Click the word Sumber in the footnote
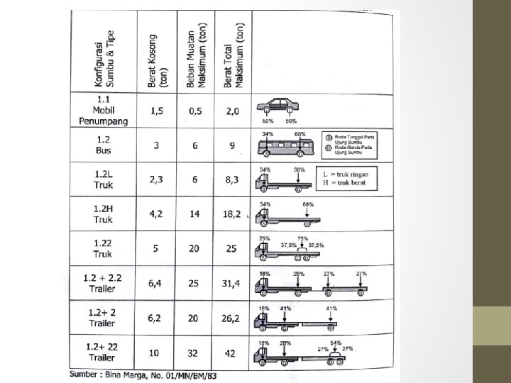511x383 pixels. point(84,373)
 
